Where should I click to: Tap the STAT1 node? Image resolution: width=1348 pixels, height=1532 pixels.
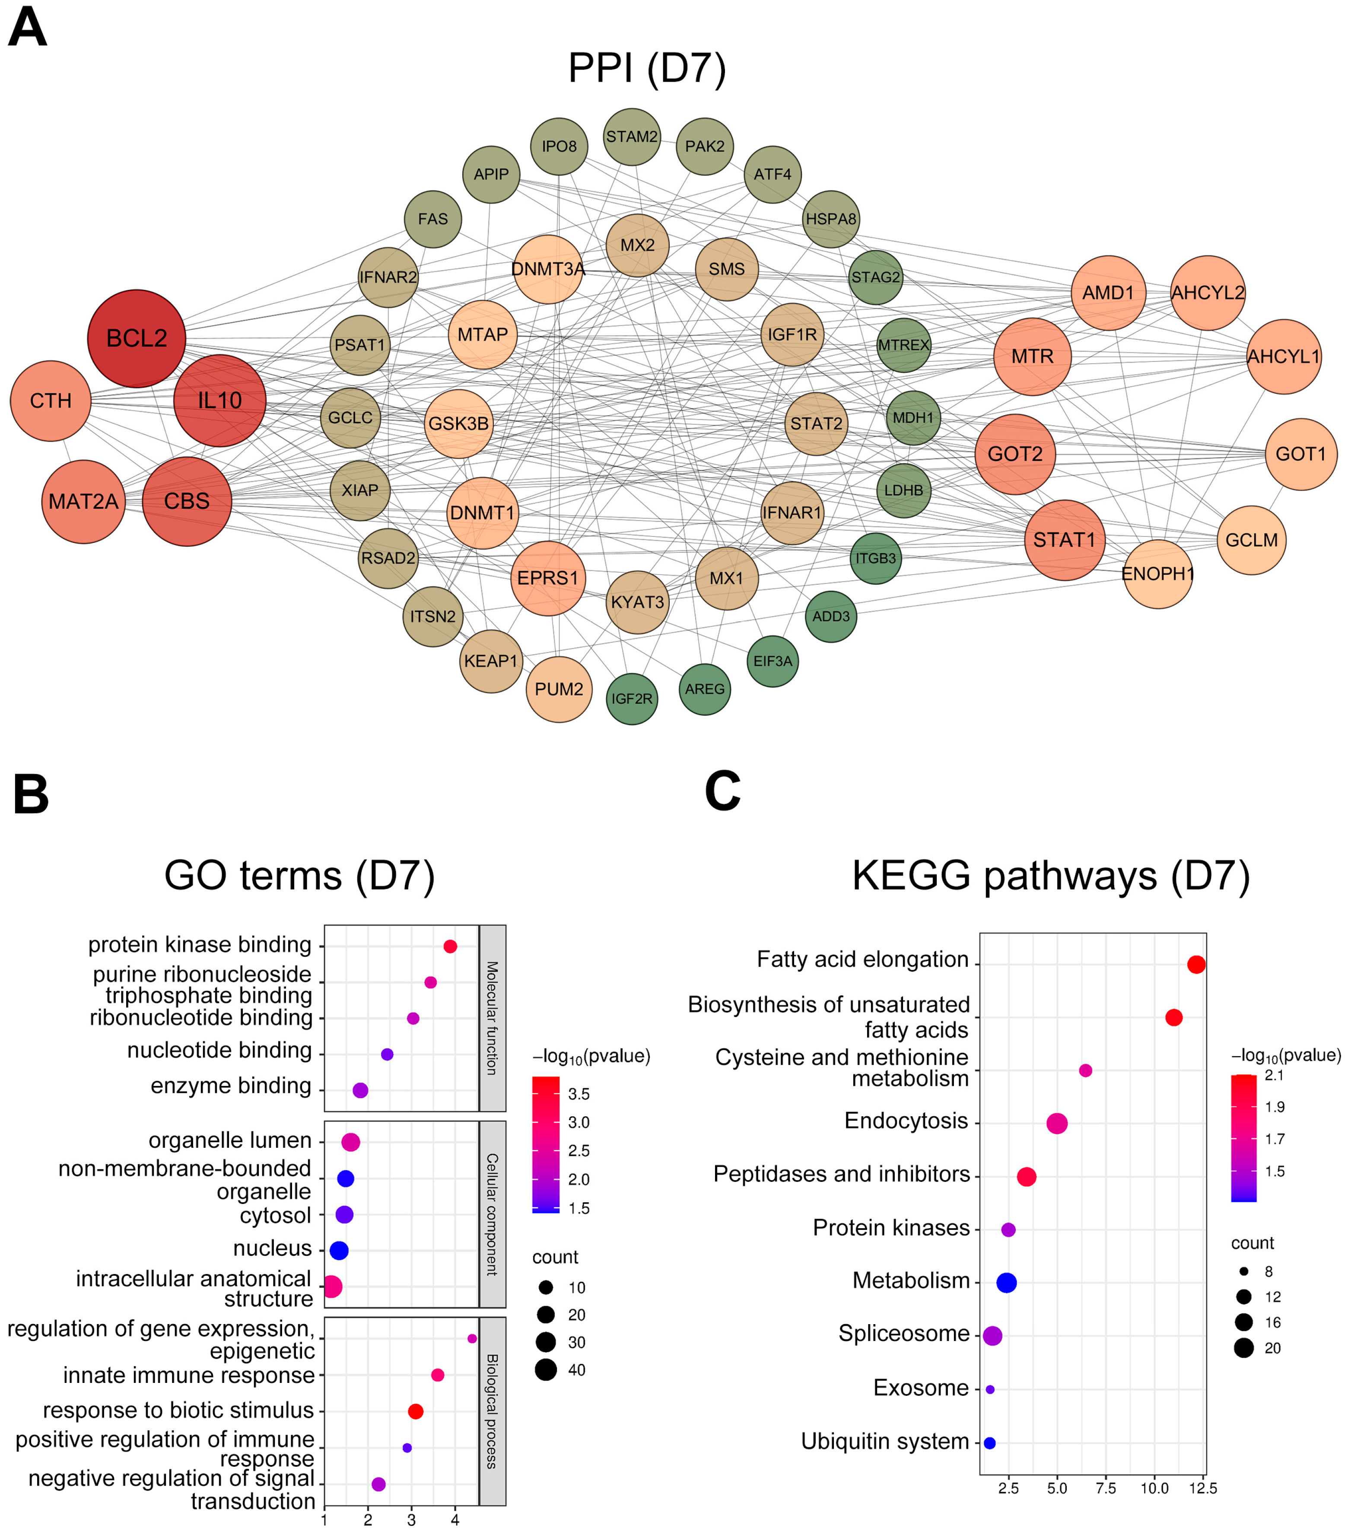tap(1064, 540)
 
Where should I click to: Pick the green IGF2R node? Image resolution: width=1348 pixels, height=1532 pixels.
tap(632, 698)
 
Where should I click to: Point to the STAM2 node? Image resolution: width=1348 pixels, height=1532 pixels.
tap(632, 137)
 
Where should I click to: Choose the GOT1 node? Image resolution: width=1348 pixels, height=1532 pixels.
tap(1301, 454)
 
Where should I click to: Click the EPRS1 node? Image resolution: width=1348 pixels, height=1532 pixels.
tap(548, 578)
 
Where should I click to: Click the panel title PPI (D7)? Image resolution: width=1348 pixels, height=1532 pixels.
tap(647, 68)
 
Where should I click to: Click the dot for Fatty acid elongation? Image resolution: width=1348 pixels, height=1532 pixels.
tap(1196, 965)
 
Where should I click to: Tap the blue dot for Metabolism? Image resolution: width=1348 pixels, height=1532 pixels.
tap(1006, 1282)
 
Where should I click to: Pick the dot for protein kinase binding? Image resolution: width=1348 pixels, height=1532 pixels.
tap(450, 946)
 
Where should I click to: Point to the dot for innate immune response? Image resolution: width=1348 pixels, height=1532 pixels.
tap(438, 1375)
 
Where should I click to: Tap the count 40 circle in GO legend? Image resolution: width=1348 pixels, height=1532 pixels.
tap(546, 1370)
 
